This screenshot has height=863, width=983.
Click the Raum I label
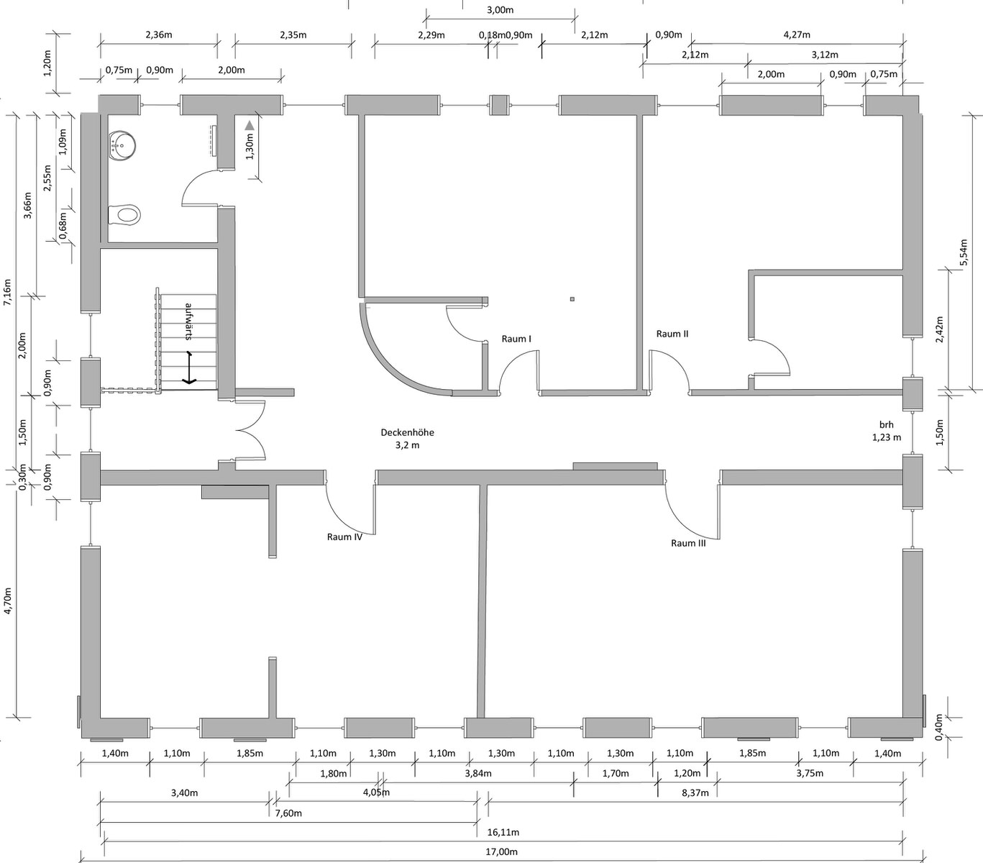(516, 339)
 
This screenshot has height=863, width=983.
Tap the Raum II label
(672, 334)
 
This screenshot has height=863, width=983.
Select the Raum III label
(688, 543)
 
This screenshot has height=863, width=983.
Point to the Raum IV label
(344, 536)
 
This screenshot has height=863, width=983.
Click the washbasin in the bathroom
(122, 145)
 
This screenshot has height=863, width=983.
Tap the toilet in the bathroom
(124, 214)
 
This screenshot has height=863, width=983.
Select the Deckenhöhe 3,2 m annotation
(407, 439)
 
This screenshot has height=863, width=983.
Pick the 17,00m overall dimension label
(501, 851)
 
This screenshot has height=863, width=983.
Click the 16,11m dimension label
(503, 832)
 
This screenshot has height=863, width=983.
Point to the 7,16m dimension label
(7, 292)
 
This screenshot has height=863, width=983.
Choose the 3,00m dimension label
(500, 9)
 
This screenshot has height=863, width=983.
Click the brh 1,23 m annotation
(887, 431)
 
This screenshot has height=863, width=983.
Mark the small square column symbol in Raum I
(572, 299)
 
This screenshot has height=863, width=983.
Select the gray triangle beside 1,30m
(250, 126)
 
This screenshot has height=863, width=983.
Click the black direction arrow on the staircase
(189, 367)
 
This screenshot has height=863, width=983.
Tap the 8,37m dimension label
(695, 793)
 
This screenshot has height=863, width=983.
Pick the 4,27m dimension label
(797, 35)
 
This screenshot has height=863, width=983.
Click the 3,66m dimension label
(27, 205)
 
